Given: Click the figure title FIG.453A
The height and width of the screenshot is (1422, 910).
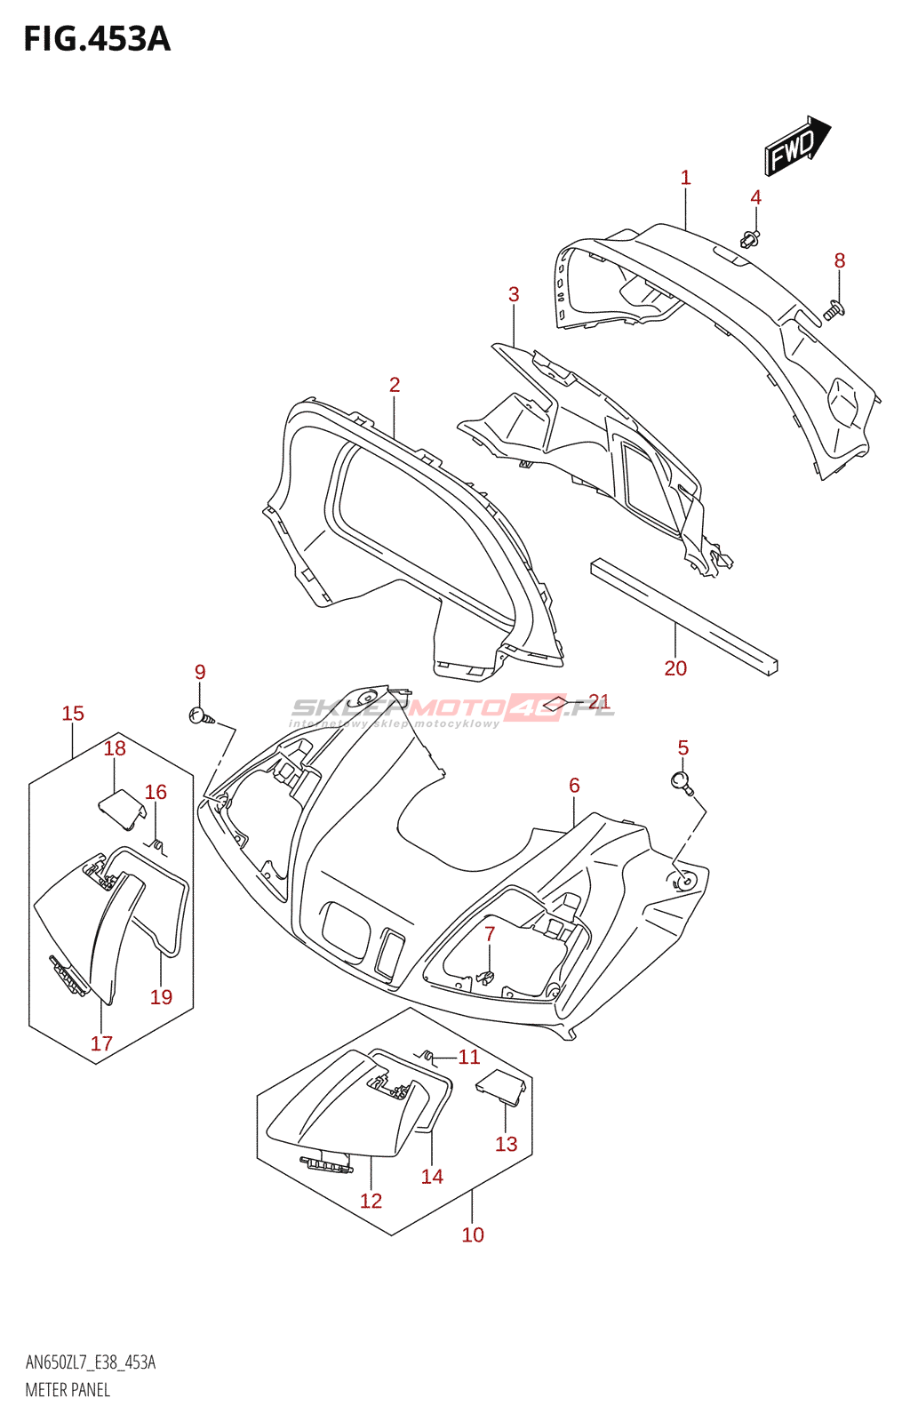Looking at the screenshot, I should coord(96,40).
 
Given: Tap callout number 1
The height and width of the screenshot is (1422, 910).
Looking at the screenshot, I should coord(685,178).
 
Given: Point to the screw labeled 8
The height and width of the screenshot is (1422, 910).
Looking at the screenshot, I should coord(834,309).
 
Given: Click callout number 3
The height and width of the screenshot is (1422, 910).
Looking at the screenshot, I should coord(514,294).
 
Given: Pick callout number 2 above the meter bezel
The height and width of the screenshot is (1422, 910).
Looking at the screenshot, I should coord(395,385).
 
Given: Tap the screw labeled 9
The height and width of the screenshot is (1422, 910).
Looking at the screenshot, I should coord(199,715).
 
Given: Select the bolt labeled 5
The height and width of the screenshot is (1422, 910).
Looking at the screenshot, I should coord(682,782).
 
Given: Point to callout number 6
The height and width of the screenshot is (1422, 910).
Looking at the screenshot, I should coord(574,786).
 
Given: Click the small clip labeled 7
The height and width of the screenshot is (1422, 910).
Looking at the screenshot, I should coord(485,976).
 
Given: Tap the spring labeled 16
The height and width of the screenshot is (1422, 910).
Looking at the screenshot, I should coord(156,844).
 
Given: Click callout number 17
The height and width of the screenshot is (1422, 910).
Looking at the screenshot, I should coord(101,1043).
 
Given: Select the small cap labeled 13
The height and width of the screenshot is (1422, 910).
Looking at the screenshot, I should coord(500,1088).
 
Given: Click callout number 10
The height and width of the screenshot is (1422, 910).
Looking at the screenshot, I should coord(473,1234).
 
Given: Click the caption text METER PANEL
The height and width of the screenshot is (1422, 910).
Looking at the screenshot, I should coord(68,1390).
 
